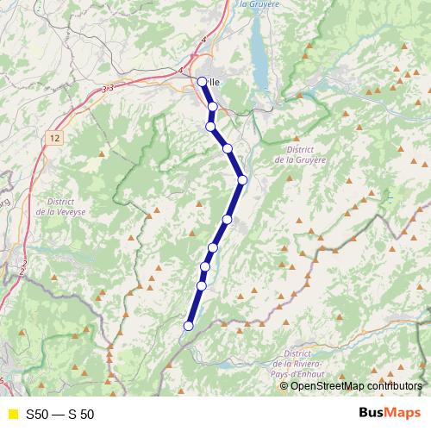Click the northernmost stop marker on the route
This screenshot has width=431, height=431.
(202, 82)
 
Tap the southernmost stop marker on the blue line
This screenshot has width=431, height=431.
(188, 326)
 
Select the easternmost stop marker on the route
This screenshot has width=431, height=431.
(243, 179)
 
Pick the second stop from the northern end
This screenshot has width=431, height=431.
(212, 106)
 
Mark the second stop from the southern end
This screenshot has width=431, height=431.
(202, 285)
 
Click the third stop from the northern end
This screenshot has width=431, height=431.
(209, 127)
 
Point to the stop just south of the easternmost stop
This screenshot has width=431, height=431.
(228, 220)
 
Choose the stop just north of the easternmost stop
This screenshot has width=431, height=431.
(228, 148)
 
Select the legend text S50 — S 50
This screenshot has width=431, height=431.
(59, 414)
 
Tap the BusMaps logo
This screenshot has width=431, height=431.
(390, 413)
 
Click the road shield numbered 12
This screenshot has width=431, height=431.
(55, 138)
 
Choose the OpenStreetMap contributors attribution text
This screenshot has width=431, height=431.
(356, 385)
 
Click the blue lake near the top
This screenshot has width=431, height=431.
(258, 52)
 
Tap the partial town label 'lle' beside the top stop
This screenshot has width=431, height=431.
(215, 83)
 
